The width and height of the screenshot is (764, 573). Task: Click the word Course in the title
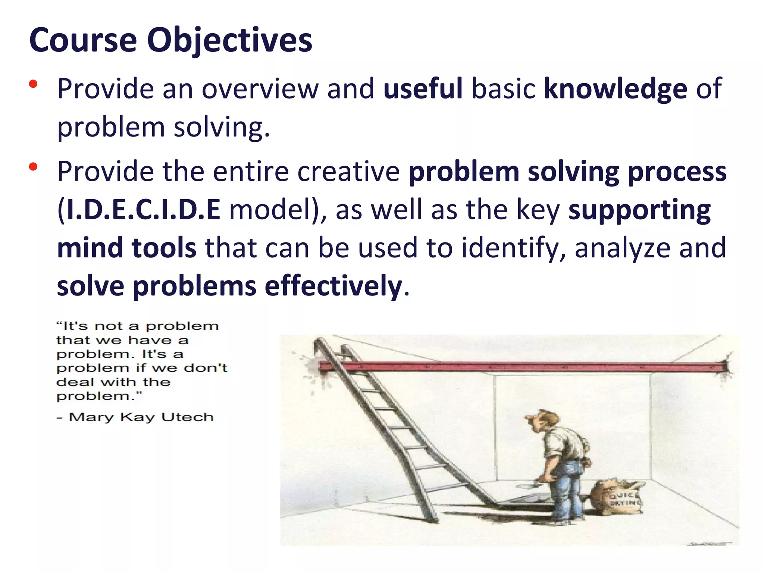pyautogui.click(x=83, y=40)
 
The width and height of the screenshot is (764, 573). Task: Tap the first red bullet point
pyautogui.click(x=33, y=84)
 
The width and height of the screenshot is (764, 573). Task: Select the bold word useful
pyautogui.click(x=423, y=88)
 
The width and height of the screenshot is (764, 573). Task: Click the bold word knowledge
pyautogui.click(x=615, y=89)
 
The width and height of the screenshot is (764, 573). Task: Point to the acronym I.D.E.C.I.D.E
pyautogui.click(x=143, y=210)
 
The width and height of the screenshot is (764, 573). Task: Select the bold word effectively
pyautogui.click(x=333, y=286)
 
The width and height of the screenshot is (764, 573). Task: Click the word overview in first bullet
pyautogui.click(x=260, y=89)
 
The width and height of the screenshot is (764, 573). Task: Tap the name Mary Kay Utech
pyautogui.click(x=141, y=417)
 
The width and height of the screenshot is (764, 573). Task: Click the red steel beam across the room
pyautogui.click(x=522, y=367)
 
